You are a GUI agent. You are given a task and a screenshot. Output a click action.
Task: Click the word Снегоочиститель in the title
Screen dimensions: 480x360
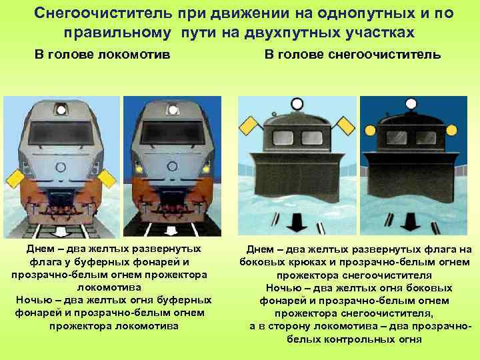[102, 13]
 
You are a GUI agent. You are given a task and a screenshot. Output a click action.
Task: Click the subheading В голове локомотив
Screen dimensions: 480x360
[102, 55]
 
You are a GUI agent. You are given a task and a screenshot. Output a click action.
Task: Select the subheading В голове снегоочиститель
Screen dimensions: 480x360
[353, 55]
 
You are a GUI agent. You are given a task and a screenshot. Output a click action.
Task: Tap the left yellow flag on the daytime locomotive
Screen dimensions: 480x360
[15, 179]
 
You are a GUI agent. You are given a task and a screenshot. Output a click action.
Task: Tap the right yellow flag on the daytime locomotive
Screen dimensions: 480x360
[107, 179]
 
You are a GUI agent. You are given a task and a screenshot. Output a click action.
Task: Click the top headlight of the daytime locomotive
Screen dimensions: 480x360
[61, 110]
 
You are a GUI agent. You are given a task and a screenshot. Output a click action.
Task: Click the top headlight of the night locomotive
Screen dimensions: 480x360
[173, 110]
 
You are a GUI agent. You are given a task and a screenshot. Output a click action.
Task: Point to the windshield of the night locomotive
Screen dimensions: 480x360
[173, 132]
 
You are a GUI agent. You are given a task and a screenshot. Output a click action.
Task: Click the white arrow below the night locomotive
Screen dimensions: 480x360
[171, 231]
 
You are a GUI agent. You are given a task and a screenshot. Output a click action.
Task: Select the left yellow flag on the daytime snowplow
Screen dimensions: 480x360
[249, 126]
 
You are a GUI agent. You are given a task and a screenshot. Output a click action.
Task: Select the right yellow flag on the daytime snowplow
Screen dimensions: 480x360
[345, 126]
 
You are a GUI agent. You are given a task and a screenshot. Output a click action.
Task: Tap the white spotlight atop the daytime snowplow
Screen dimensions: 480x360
[297, 104]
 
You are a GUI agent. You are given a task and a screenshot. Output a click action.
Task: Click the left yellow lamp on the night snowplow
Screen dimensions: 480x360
[370, 131]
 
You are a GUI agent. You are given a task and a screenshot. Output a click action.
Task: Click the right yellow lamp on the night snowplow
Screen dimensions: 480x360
[451, 130]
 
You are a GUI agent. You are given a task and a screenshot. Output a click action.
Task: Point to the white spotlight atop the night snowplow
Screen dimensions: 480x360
[411, 104]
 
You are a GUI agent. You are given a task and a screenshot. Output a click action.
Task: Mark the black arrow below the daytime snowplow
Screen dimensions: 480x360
[297, 223]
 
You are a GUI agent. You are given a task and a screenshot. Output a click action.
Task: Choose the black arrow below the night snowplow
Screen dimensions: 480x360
[410, 222]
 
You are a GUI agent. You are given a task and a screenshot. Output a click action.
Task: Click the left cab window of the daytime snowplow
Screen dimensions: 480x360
[283, 137]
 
